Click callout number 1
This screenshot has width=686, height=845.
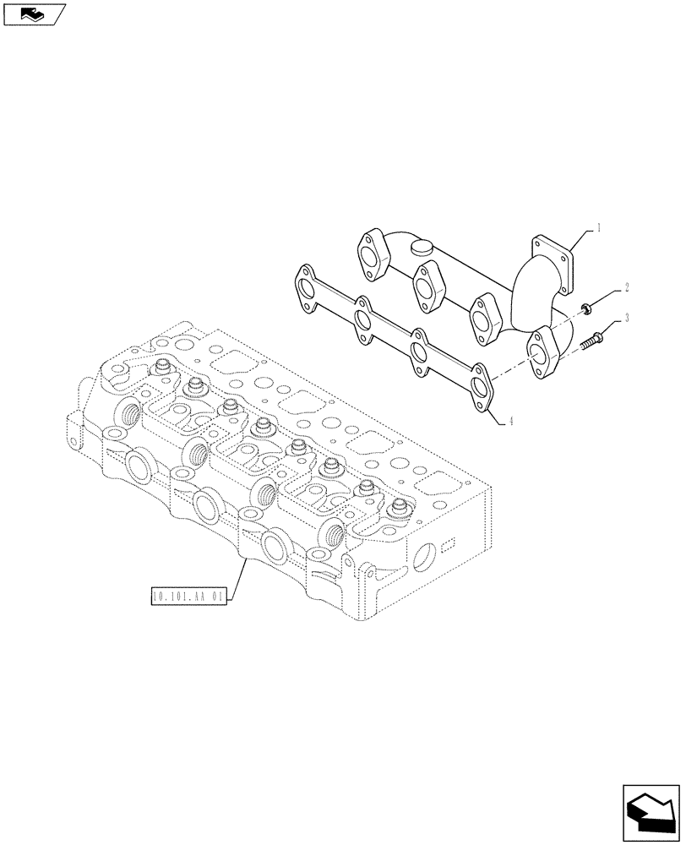pos(598,227)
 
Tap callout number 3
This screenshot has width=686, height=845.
pos(627,319)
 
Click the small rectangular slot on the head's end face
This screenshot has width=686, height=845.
pos(449,542)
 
